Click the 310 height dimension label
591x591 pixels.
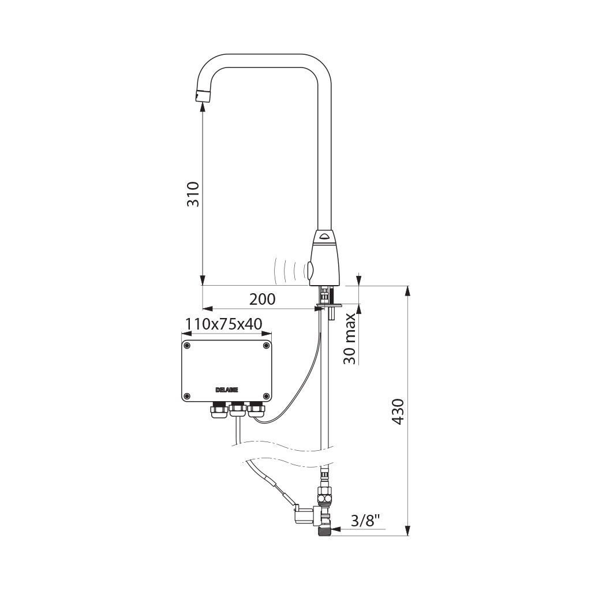point(193,194)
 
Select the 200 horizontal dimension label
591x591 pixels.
point(263,299)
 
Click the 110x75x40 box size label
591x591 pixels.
point(224,324)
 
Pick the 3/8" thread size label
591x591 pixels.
point(365,521)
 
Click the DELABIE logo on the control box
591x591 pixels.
point(227,390)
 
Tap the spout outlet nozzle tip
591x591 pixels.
point(203,95)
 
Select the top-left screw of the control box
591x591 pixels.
point(187,346)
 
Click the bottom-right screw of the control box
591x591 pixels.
point(266,396)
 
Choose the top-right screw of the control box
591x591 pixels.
point(266,346)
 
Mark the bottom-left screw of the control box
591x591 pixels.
point(187,396)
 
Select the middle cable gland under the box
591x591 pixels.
point(237,409)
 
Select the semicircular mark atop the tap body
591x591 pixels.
point(324,237)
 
